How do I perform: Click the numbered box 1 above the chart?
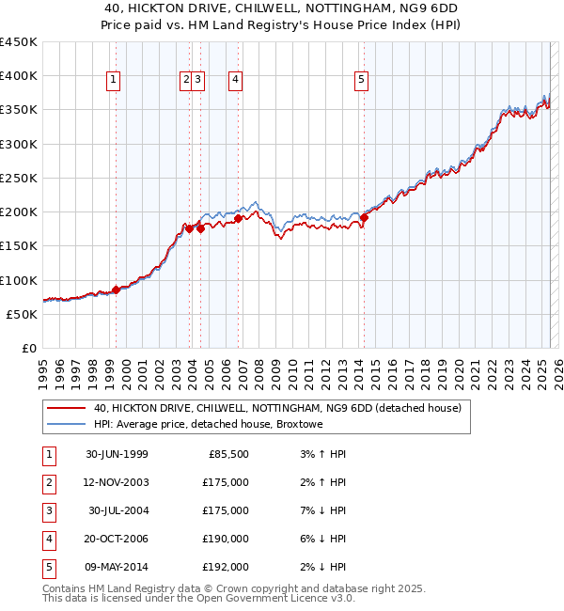click(x=113, y=81)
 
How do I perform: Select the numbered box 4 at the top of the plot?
click(x=234, y=81)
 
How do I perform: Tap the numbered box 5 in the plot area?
click(x=362, y=81)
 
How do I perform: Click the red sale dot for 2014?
click(x=364, y=218)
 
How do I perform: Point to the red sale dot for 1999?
click(x=117, y=290)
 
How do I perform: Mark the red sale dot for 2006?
click(x=239, y=218)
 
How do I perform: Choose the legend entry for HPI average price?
click(x=208, y=424)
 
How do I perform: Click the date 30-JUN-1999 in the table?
click(x=117, y=454)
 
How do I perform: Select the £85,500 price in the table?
click(x=227, y=454)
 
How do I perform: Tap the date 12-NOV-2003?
click(x=117, y=482)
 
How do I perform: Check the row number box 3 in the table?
click(x=48, y=510)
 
